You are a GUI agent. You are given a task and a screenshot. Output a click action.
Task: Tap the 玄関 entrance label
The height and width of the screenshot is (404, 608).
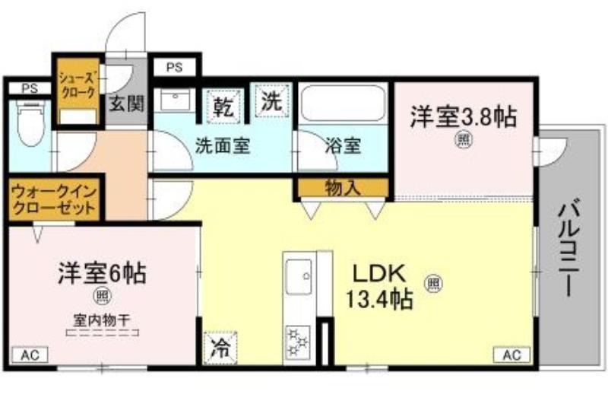[126, 103]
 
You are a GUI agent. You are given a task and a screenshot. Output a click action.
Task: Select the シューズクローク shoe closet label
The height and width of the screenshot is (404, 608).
[77, 85]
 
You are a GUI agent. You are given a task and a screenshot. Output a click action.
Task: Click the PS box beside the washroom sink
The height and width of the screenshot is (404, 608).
[175, 68]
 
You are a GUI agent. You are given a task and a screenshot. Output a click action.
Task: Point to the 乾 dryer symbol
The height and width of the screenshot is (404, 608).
[224, 107]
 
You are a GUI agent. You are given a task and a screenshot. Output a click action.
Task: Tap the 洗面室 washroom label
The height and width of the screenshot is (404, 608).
[222, 146]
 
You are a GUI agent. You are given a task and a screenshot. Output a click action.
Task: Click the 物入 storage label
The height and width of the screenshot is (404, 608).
[343, 189]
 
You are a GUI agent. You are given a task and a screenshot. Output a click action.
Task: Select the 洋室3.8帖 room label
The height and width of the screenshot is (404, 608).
[464, 116]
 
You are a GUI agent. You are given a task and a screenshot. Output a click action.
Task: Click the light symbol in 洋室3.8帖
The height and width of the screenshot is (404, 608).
[462, 140]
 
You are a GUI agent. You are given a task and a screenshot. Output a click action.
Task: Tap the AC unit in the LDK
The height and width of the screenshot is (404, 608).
[511, 355]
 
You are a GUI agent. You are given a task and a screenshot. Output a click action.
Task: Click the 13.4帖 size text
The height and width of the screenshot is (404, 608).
[378, 300]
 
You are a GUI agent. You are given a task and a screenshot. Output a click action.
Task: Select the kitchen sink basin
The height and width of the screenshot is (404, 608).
[299, 277]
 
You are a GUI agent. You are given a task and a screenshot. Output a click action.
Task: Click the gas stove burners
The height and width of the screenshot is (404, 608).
[298, 342]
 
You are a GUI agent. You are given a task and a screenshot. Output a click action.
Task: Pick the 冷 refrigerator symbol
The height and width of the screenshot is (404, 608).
[220, 348]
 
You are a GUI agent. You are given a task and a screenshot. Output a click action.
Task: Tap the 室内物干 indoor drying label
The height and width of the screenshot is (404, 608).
[102, 320]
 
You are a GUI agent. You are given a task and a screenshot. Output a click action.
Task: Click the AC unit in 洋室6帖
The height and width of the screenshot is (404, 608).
[30, 355]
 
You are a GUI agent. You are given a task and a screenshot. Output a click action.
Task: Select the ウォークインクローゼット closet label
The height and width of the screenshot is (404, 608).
[54, 200]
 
